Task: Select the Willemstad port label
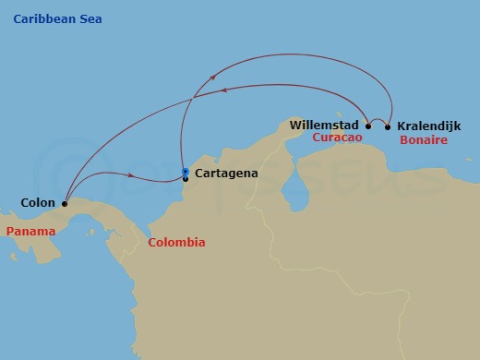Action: click(x=326, y=124)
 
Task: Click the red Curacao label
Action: click(x=337, y=138)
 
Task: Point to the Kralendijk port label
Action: click(x=429, y=125)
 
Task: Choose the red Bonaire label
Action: click(x=424, y=140)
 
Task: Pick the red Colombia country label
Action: click(x=176, y=243)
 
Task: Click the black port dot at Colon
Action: click(x=64, y=203)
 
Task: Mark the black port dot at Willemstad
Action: click(x=368, y=126)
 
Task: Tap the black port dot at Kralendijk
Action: click(x=388, y=126)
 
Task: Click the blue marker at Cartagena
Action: click(x=186, y=172)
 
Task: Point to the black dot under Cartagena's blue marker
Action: click(x=186, y=178)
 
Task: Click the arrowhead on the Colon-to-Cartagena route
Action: click(x=134, y=175)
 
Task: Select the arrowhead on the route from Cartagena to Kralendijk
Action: click(x=214, y=78)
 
